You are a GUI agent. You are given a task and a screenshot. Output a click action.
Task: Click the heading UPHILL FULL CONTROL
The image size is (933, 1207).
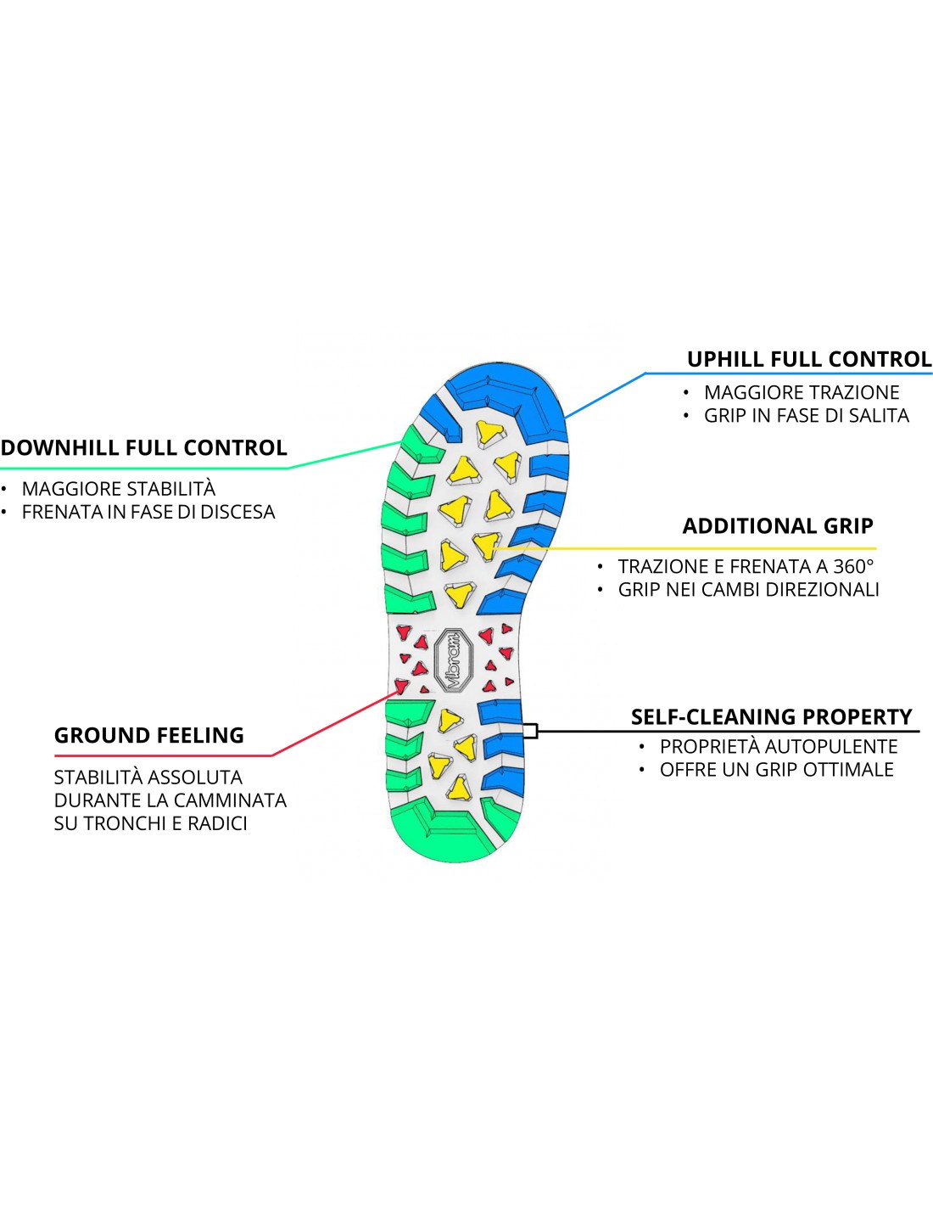tap(808, 359)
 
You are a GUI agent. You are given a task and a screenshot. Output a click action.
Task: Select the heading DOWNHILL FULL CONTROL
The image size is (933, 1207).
tap(144, 447)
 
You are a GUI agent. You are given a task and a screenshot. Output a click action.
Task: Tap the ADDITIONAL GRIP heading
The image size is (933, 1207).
tap(778, 526)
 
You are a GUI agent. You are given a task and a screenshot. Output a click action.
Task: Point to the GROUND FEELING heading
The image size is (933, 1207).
tap(149, 735)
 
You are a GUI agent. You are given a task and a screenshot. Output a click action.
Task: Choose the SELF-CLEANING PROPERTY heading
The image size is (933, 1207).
tap(771, 717)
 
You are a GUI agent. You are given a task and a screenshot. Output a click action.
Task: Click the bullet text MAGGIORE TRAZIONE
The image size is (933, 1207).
tap(802, 392)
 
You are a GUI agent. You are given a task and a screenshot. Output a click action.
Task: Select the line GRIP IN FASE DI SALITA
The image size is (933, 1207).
tap(806, 415)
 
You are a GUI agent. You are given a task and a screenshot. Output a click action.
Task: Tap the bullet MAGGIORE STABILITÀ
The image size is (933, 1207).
tap(119, 489)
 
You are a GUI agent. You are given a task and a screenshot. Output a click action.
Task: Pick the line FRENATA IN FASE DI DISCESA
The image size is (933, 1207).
tap(148, 512)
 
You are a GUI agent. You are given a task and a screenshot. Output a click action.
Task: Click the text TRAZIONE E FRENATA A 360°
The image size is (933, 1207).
tap(746, 566)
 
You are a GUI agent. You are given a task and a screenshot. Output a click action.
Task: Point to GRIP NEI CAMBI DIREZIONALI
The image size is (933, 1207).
tap(748, 589)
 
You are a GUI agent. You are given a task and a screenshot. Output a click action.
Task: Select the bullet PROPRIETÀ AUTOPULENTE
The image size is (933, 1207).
tap(779, 746)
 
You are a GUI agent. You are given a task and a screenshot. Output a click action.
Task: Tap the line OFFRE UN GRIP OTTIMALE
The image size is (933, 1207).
tap(776, 769)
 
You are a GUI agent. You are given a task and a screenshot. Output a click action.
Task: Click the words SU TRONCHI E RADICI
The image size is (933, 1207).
tap(150, 823)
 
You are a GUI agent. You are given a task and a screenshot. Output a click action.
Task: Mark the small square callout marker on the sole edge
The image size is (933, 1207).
tap(530, 730)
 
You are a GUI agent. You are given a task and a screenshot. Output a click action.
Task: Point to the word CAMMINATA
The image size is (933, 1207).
tap(229, 800)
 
